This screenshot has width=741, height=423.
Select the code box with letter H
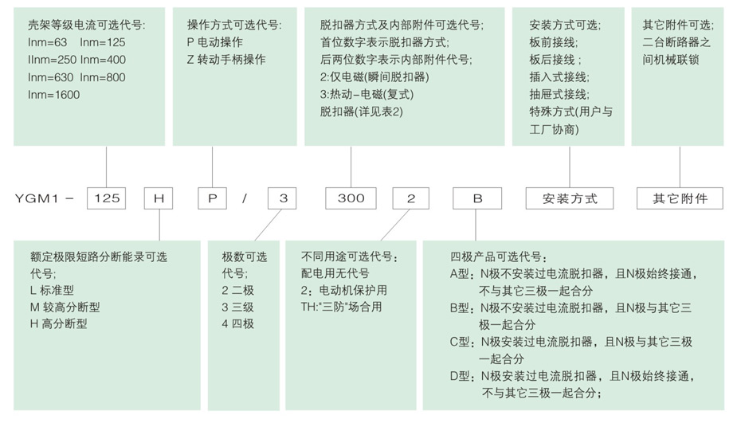tap(159, 198)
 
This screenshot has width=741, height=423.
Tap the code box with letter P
tap(213, 198)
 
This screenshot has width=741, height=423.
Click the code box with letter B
tap(477, 198)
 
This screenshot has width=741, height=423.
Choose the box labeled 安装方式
tap(570, 198)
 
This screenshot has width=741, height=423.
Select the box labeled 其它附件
tap(680, 198)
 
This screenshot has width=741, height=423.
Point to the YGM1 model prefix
tap(38, 198)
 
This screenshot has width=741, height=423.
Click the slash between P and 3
tap(245, 198)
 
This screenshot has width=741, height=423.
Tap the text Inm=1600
tap(53, 95)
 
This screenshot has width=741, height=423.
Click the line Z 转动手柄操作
tap(226, 60)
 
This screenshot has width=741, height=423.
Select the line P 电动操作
tap(214, 42)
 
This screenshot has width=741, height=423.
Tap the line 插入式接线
tap(558, 76)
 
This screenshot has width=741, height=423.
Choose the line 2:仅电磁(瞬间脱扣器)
tap(374, 77)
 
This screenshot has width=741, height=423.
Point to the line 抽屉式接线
tap(558, 94)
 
